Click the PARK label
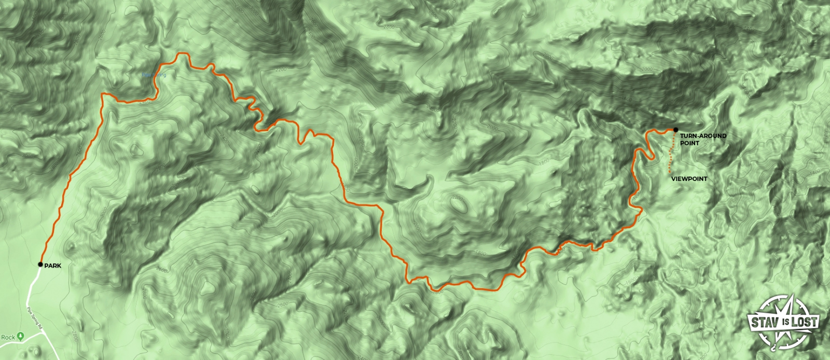[52, 266]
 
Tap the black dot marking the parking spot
[40, 265]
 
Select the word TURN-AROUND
[703, 136]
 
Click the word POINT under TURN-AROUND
[689, 143]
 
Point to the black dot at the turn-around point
[675, 130]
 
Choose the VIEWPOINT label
[689, 179]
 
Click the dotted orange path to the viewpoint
[672, 153]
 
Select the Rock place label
[8, 337]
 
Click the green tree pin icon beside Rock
[21, 336]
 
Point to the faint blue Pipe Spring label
[154, 75]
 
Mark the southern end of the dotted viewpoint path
[670, 171]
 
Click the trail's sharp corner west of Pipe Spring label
[103, 94]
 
